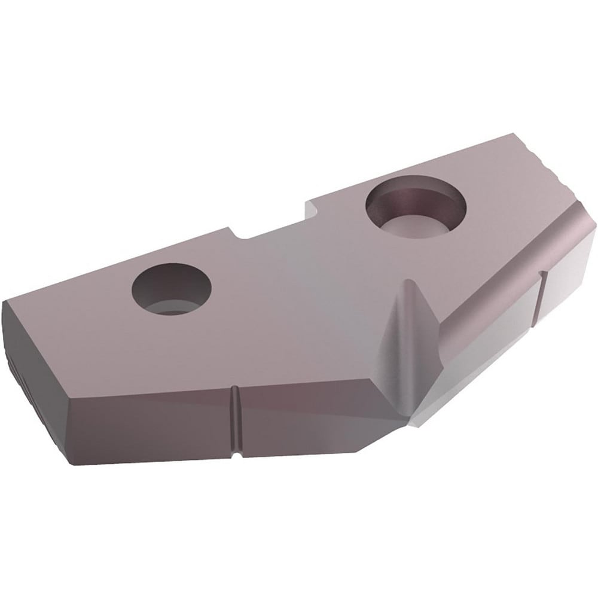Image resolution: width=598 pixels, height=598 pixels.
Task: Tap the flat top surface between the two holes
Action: (x=287, y=281)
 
